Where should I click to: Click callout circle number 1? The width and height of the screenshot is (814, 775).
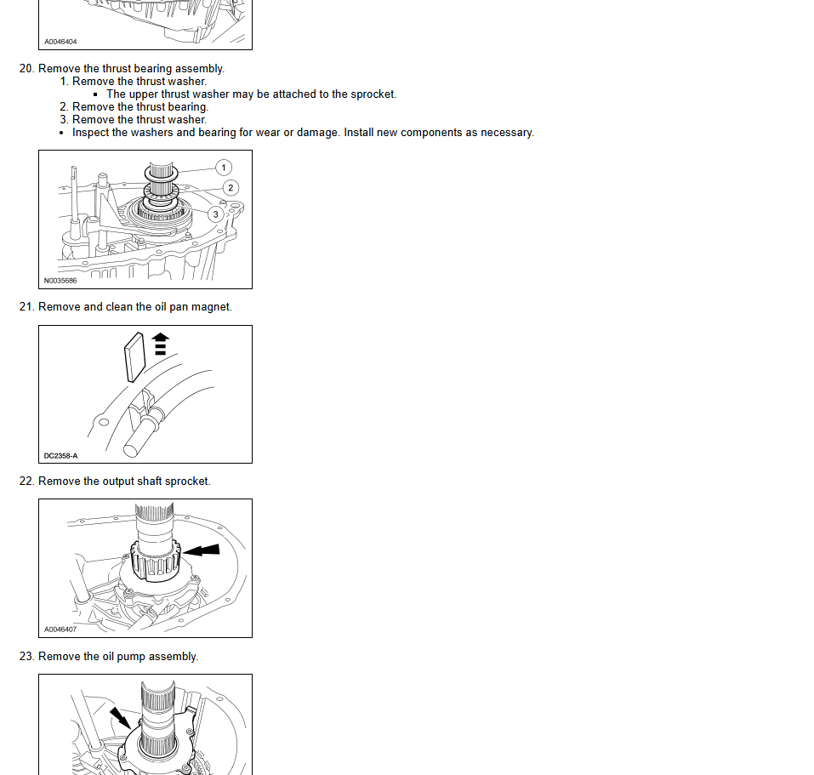coord(224,168)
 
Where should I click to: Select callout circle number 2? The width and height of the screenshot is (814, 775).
coord(231,188)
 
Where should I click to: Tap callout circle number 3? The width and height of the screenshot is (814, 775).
coord(216,214)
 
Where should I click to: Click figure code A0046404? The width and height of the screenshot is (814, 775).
coord(60,42)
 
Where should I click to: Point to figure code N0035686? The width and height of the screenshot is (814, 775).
coord(60,281)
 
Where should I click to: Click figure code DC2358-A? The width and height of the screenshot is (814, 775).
coord(60,456)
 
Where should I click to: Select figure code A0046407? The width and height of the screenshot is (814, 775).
coord(60,630)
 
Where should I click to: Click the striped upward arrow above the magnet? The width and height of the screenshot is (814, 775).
coord(161,344)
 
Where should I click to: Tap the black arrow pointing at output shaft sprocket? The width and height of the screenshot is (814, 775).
coord(202,550)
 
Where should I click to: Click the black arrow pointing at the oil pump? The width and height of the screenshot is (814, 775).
coord(121,717)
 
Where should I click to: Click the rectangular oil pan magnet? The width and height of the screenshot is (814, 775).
coord(134,357)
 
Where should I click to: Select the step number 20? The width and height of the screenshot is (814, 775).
coord(27,69)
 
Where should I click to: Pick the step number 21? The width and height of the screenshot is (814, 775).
coord(27,307)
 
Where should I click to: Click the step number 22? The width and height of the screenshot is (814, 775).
coord(27,482)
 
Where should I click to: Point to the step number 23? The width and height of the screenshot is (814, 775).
coord(27,656)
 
